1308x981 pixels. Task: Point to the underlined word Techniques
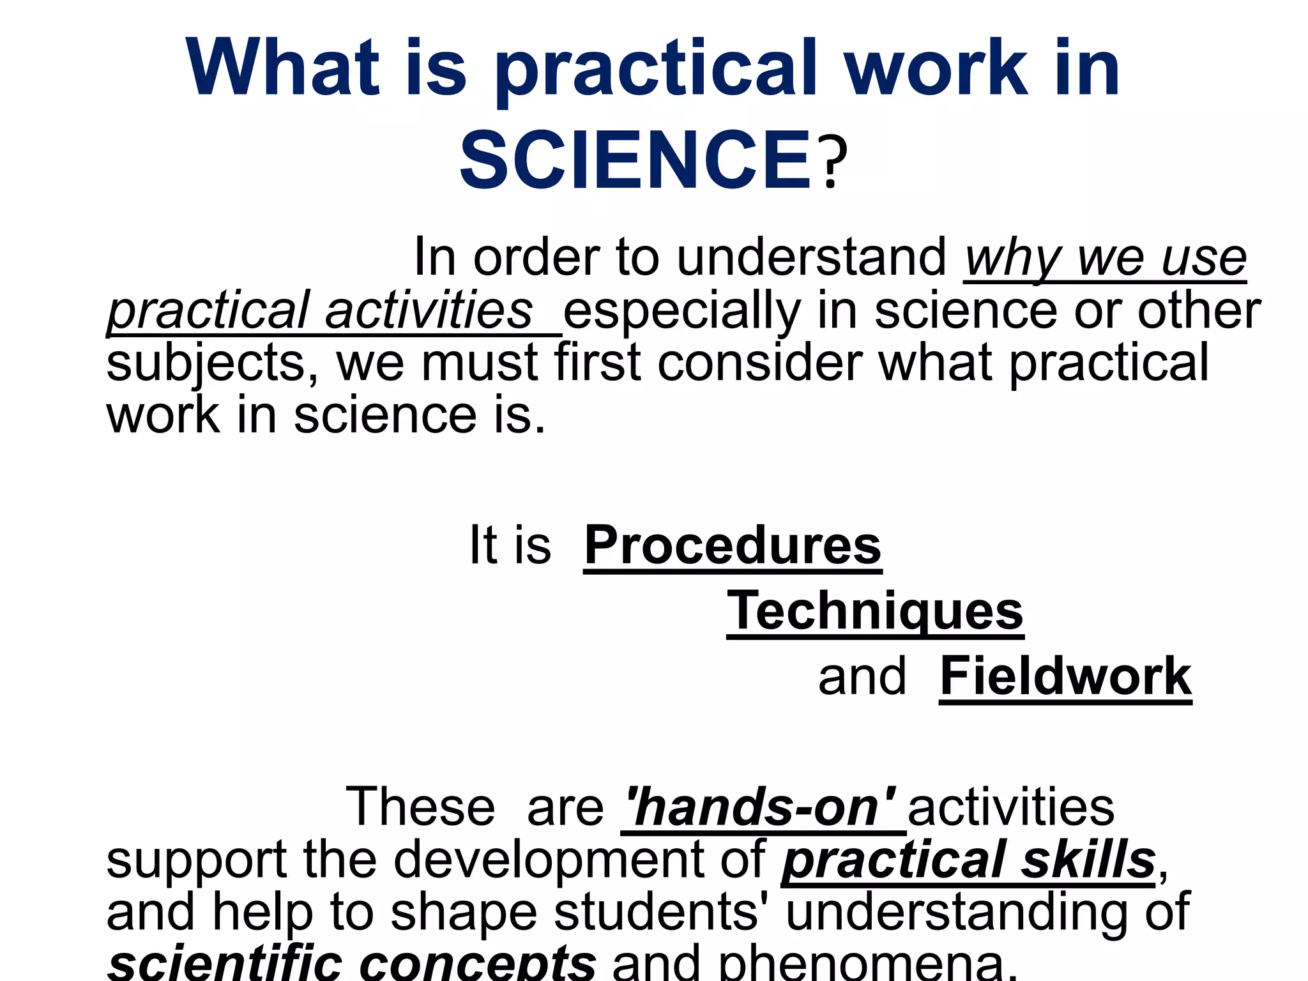click(875, 611)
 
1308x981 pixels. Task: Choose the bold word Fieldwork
click(1065, 676)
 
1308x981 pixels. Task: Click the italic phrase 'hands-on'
click(761, 807)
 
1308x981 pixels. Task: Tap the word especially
click(681, 311)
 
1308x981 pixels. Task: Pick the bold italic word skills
click(1088, 860)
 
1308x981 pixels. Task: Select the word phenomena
click(866, 964)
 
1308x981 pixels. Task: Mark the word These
click(420, 807)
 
